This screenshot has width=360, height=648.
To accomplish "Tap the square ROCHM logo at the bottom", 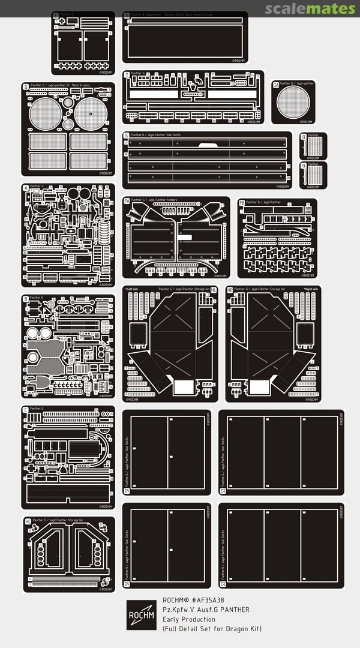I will click(x=142, y=615).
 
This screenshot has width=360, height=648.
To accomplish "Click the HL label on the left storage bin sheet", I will click(x=213, y=289).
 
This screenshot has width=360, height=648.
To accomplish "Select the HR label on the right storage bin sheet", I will click(x=230, y=289).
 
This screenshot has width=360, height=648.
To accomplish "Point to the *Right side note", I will click(x=311, y=289).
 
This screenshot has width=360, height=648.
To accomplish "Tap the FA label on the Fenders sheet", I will click(x=127, y=200).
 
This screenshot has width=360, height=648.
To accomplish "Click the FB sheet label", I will click(x=242, y=202).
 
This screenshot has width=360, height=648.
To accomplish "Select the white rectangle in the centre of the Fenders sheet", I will click(x=184, y=237).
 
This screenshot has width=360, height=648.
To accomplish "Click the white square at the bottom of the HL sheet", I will click(x=181, y=386).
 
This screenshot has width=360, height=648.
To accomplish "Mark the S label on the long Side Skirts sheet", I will click(x=127, y=135).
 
